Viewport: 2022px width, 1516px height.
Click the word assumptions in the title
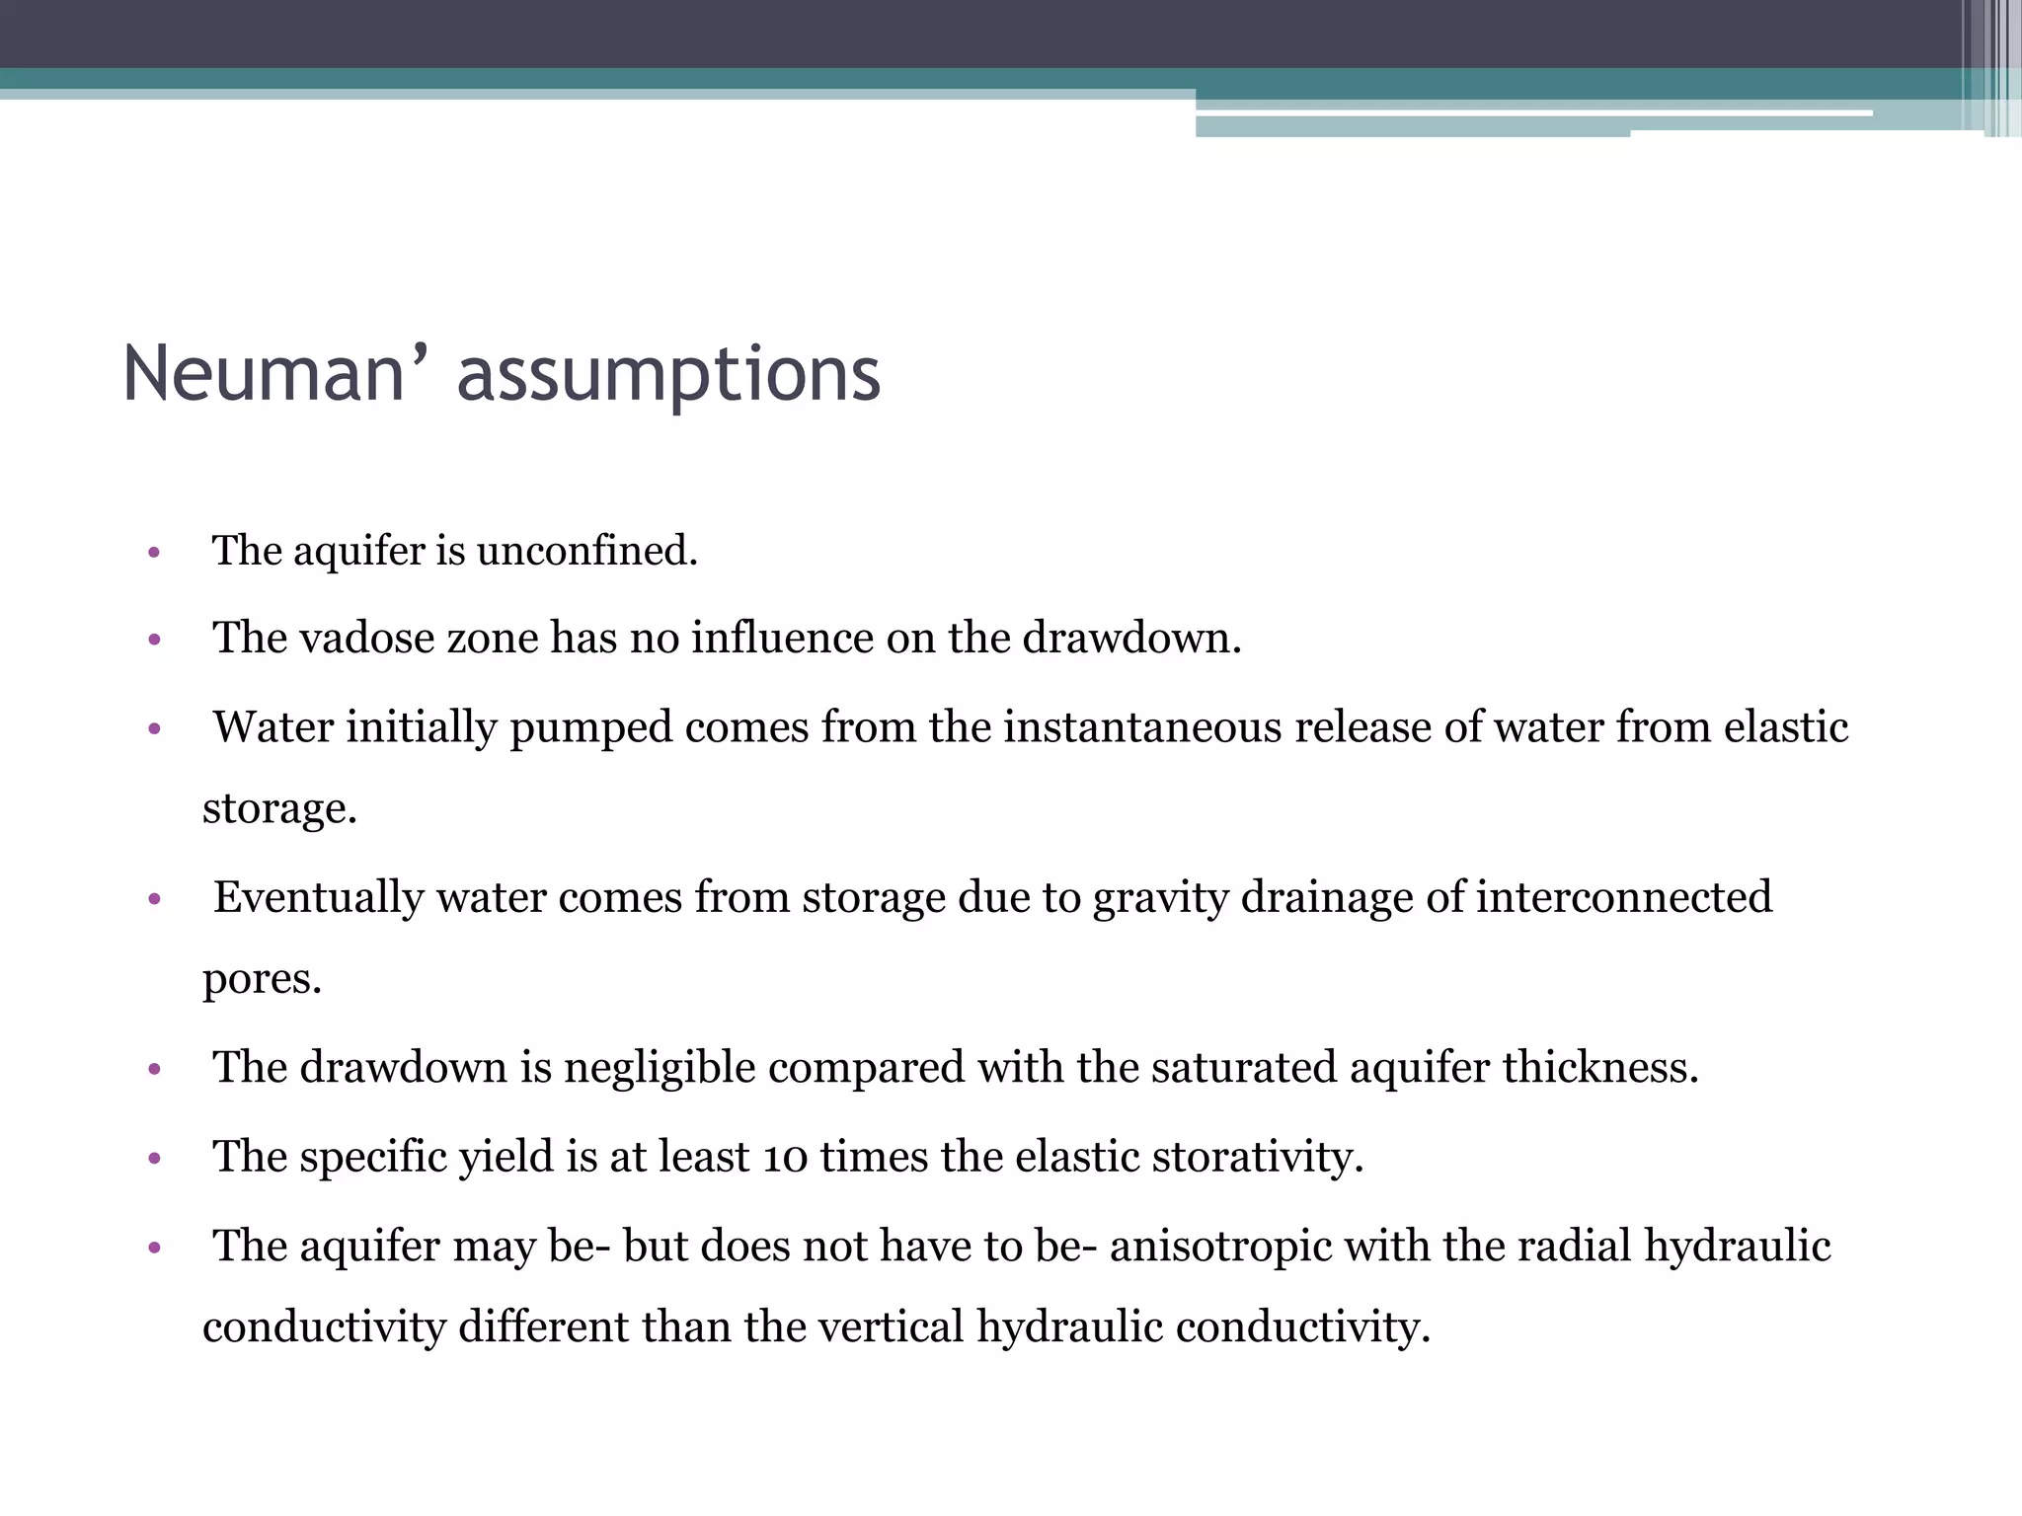(x=668, y=376)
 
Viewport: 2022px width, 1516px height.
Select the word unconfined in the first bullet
(x=586, y=551)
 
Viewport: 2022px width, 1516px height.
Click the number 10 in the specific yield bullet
(x=785, y=1157)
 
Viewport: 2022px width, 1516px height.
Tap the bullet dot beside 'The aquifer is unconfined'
(x=153, y=553)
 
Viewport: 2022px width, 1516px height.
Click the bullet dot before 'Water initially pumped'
(x=153, y=730)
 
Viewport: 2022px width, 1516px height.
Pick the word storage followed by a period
(x=278, y=809)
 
